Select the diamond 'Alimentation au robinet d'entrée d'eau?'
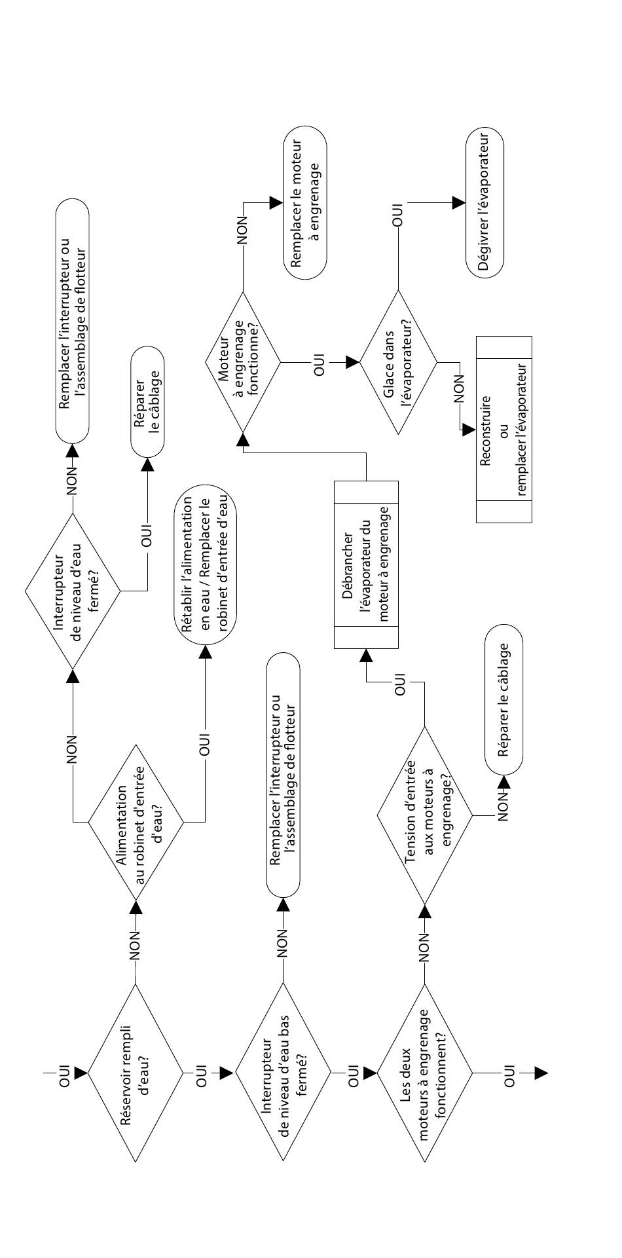pyautogui.click(x=137, y=822)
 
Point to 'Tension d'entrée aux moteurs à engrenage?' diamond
pyautogui.click(x=424, y=815)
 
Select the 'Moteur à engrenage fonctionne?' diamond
pyautogui.click(x=242, y=361)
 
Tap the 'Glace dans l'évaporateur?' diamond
pyautogui.click(x=398, y=361)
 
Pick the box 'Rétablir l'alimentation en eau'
pyautogui.click(x=206, y=566)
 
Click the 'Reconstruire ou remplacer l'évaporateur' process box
pyautogui.click(x=503, y=429)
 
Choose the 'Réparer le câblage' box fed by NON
pyautogui.click(x=503, y=700)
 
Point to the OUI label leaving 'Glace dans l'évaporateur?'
pyautogui.click(x=397, y=216)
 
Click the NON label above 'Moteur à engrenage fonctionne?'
pyautogui.click(x=242, y=231)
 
